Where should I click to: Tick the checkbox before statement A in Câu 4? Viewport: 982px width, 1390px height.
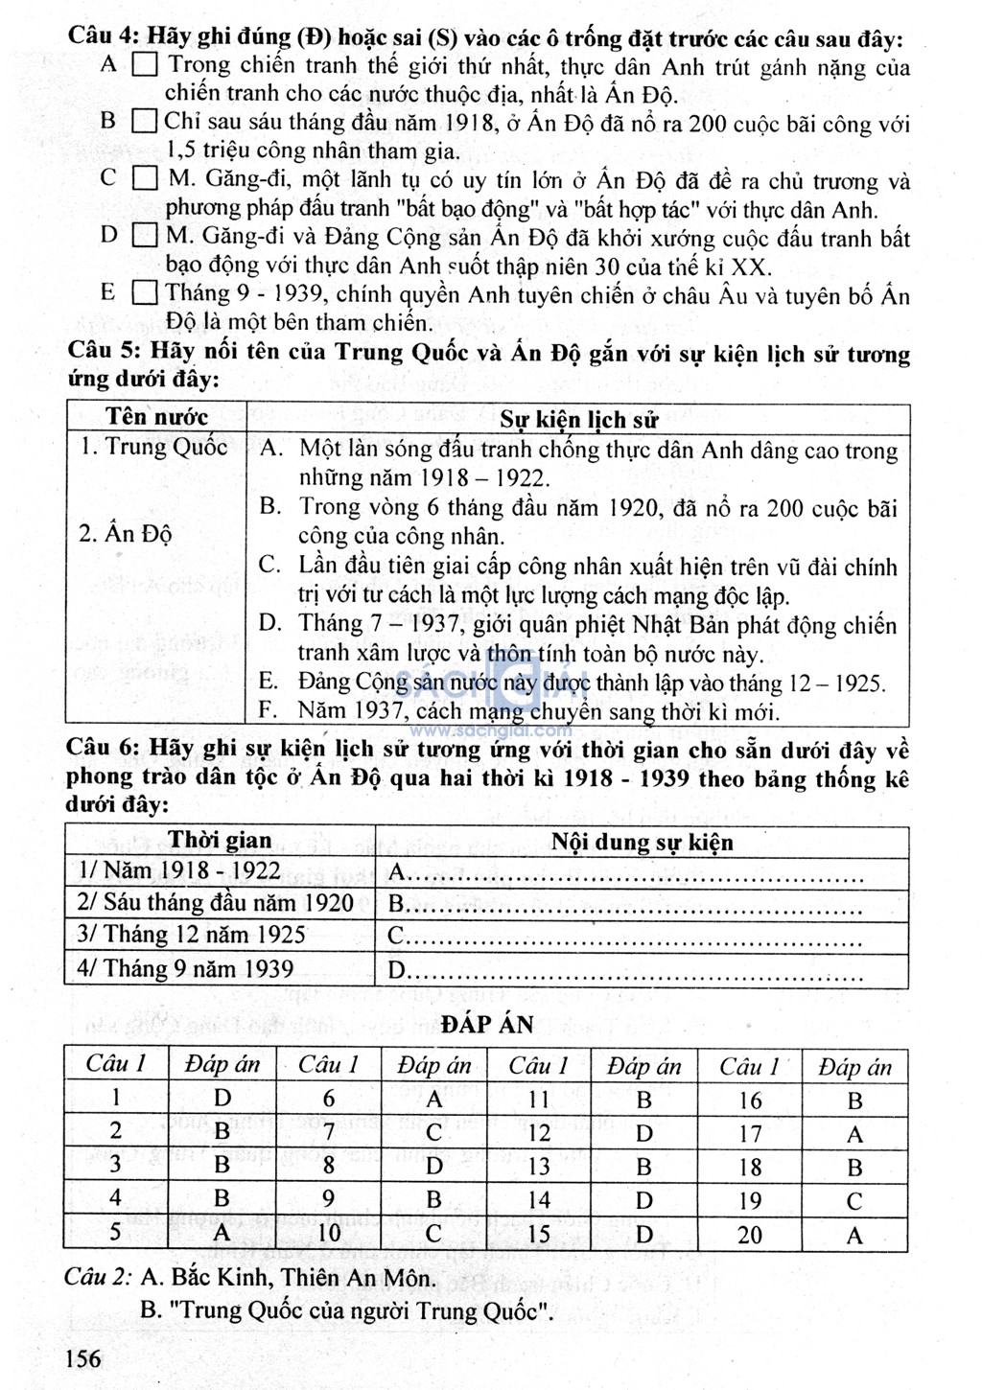145,65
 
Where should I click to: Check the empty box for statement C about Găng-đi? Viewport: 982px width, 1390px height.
145,178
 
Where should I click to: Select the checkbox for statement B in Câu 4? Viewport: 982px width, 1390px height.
145,122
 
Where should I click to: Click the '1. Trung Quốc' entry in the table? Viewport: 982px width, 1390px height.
153,447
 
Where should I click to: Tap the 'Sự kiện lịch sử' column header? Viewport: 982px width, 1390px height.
579,419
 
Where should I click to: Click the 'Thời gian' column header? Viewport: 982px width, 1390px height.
220,841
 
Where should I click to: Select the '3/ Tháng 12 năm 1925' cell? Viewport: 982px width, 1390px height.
191,935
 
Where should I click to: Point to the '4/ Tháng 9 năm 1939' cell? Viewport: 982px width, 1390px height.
185,968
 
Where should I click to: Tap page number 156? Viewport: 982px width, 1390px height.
83,1357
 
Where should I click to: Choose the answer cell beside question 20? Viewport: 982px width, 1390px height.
854,1235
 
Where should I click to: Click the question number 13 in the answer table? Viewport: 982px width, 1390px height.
539,1167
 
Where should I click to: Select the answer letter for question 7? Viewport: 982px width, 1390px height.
433,1133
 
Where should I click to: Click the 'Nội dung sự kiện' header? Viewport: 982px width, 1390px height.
642,842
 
